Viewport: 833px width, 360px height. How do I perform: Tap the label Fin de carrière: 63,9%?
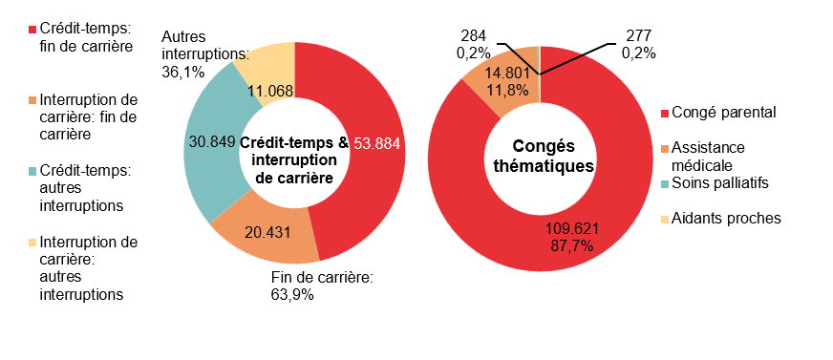click(x=321, y=286)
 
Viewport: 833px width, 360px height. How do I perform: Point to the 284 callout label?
click(x=474, y=44)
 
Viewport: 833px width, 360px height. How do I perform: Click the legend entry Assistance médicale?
click(x=716, y=157)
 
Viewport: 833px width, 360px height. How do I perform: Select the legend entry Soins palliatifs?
click(x=719, y=182)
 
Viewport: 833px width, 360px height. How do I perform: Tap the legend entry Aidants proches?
click(x=726, y=218)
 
